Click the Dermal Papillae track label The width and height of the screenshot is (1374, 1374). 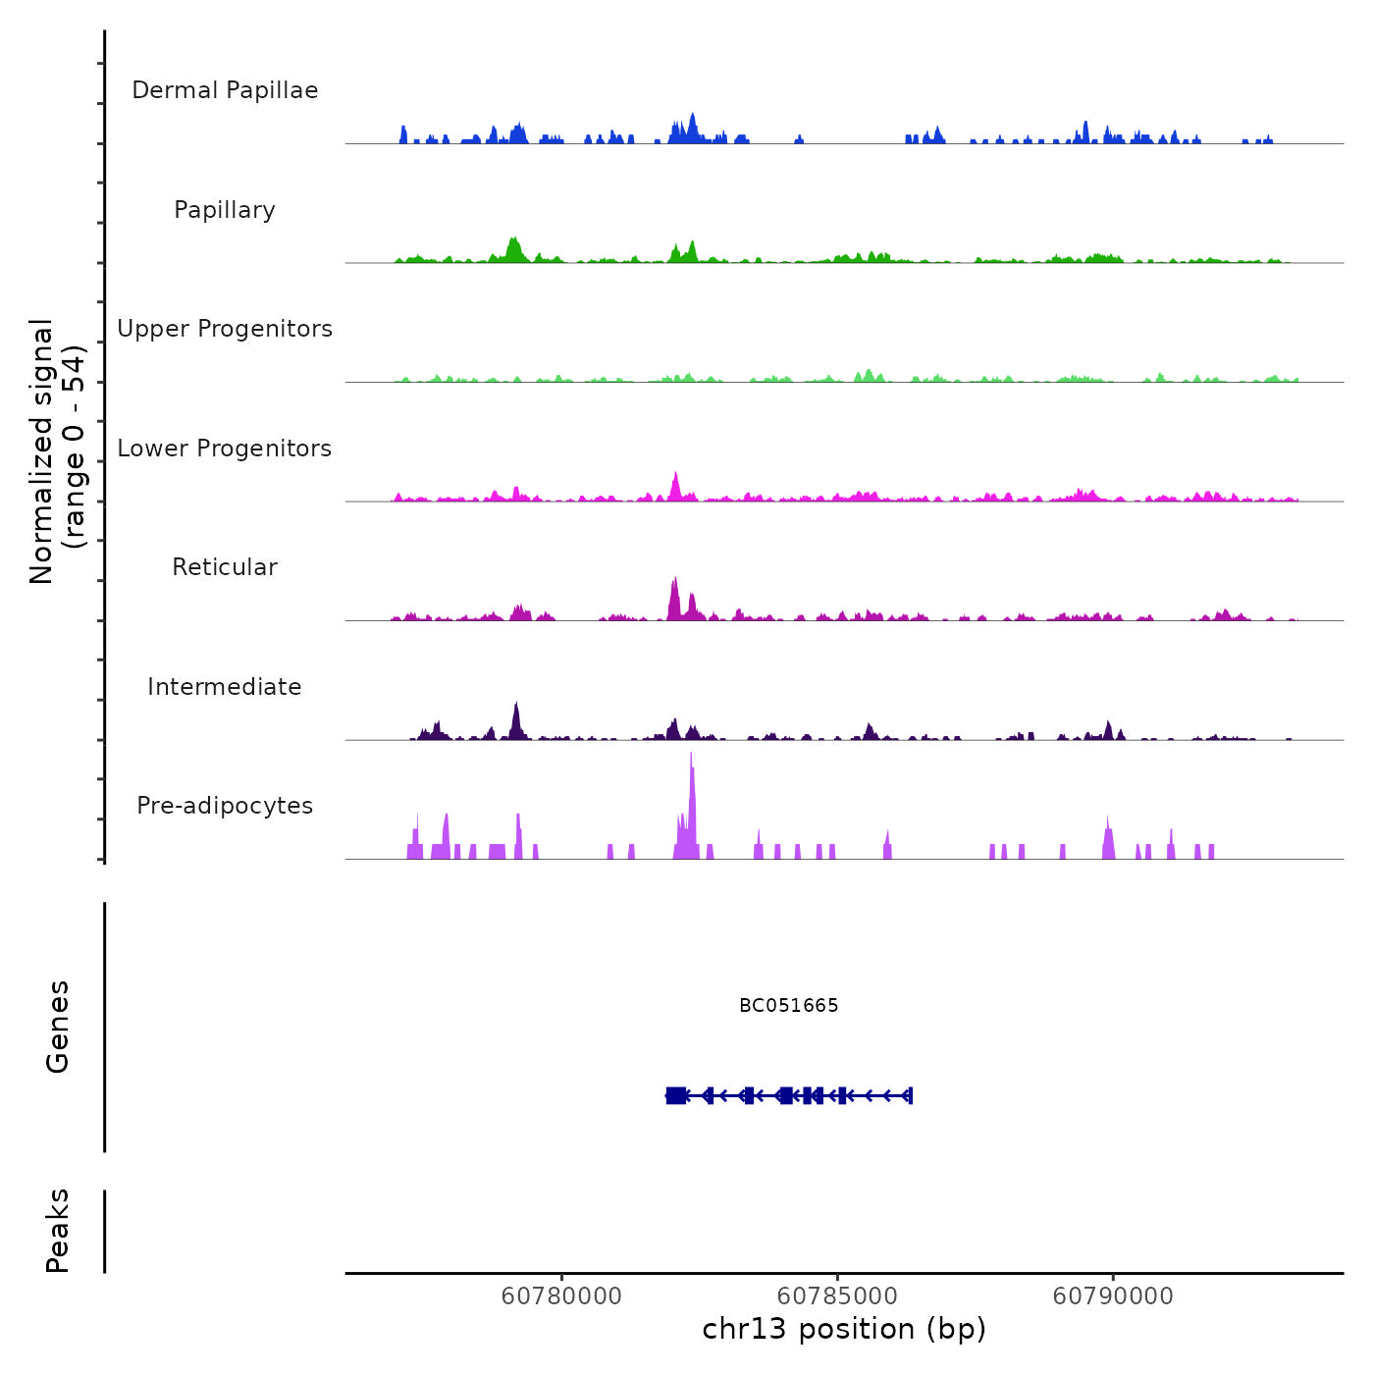pos(225,90)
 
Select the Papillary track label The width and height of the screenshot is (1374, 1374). pos(225,210)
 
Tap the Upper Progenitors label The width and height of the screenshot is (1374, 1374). pos(225,329)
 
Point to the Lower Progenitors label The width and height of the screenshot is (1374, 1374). pos(225,449)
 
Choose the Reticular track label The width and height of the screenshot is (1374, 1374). pos(225,567)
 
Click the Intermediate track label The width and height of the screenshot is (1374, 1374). pos(225,687)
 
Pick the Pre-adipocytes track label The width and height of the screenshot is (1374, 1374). pos(225,806)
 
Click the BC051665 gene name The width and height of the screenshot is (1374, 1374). pos(789,1006)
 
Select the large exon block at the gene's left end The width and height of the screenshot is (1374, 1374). pos(675,1095)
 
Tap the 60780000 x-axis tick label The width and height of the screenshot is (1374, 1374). pos(561,1296)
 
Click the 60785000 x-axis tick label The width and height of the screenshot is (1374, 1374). pos(837,1296)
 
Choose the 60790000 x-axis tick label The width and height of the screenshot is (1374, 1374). pos(1113,1296)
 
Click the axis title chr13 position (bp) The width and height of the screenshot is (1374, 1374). pos(844,1329)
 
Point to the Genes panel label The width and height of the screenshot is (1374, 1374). pos(58,1027)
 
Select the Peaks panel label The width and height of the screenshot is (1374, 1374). pos(58,1231)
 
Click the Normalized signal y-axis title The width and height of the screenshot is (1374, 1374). pos(57,451)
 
